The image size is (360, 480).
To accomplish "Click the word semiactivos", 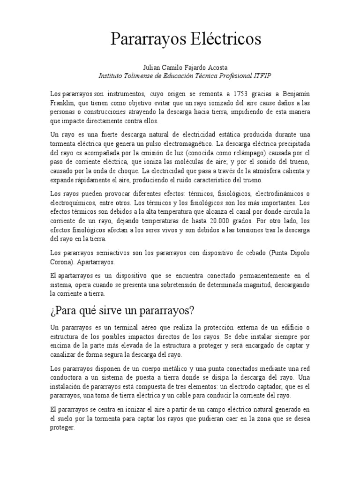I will (114, 253).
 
